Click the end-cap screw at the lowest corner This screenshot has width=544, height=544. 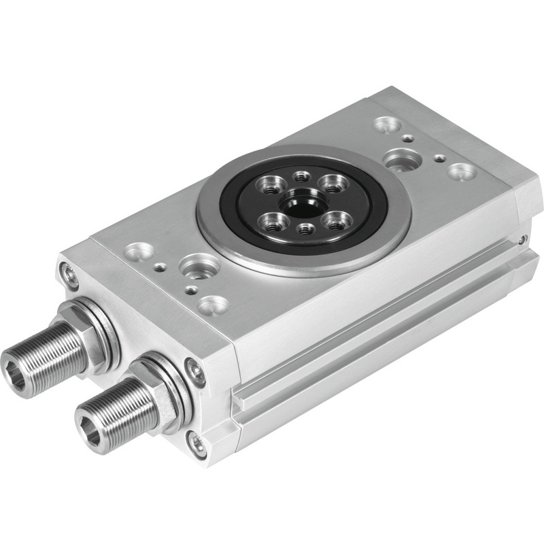pyautogui.click(x=198, y=446)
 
